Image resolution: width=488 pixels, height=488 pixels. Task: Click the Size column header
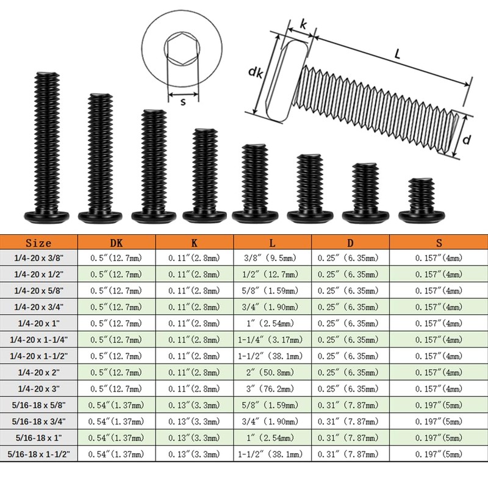38,243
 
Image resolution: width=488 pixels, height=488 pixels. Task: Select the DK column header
117,243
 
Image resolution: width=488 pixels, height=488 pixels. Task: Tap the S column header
439,243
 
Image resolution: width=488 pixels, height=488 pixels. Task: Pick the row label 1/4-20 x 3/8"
38,257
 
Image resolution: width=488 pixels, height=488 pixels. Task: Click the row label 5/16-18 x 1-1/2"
38,454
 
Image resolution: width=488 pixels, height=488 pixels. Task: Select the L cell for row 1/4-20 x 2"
270,372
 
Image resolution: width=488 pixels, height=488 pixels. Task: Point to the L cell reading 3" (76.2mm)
270,389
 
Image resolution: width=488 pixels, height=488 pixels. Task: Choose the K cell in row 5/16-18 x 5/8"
194,405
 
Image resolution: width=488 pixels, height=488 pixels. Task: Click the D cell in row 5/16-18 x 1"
348,437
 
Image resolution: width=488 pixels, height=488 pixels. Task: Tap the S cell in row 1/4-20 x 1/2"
439,274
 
